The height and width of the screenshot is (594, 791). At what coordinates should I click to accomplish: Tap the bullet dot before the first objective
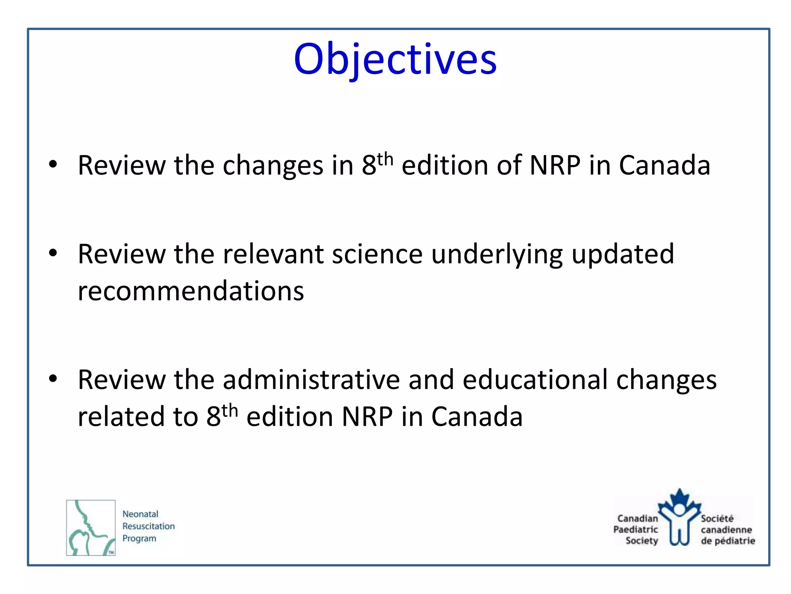point(53,164)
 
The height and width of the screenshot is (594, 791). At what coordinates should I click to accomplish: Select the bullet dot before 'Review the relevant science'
point(53,253)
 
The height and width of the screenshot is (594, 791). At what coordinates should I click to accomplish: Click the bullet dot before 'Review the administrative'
point(53,379)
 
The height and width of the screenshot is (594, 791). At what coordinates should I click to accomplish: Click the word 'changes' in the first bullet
point(273,166)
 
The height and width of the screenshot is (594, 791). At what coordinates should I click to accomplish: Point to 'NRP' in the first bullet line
point(555,166)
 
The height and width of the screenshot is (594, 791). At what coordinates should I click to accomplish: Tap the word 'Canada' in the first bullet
point(664,166)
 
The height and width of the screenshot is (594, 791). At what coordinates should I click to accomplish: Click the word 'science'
point(377,254)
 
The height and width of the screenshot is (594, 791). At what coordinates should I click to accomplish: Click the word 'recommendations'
point(191,291)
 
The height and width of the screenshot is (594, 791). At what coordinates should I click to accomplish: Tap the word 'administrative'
point(311,380)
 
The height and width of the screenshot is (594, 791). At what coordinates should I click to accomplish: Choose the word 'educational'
point(535,380)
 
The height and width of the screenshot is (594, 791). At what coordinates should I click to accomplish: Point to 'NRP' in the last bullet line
point(367,417)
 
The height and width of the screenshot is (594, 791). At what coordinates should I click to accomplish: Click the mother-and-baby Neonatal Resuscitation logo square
point(91,527)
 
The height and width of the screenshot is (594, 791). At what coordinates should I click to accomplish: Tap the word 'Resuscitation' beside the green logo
point(148,526)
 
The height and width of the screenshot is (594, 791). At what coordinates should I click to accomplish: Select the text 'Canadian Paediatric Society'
point(636,529)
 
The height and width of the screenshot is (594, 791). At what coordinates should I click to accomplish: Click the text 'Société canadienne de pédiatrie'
point(727,529)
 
